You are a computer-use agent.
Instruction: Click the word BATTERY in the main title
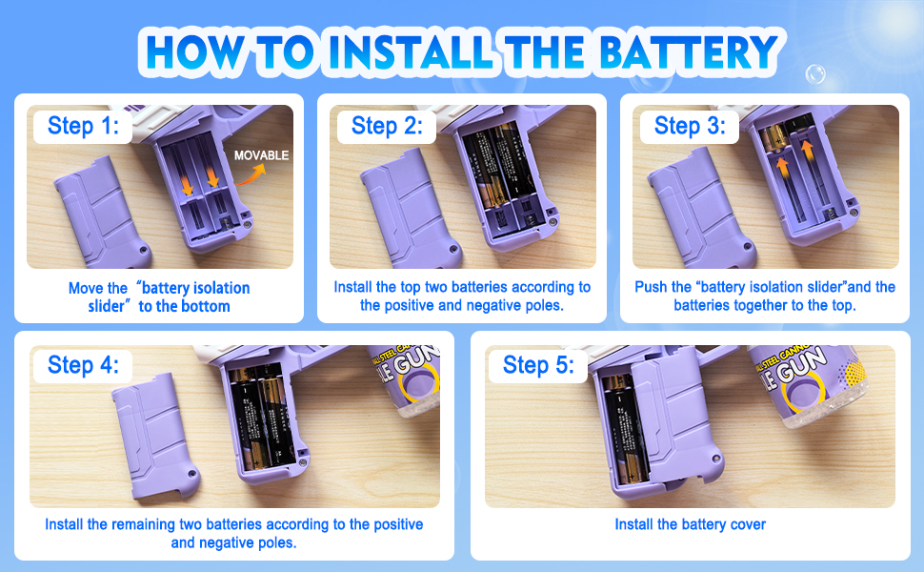689,51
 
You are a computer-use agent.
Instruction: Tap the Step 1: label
83,126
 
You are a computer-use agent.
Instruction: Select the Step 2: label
387,126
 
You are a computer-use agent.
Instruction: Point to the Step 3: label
690,126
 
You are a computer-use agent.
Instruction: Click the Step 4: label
83,364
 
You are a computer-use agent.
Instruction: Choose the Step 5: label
538,364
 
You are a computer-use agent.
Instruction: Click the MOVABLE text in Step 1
262,155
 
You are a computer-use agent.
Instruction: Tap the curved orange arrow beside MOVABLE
251,175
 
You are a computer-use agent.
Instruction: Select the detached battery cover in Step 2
408,210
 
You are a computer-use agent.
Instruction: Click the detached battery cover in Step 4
154,437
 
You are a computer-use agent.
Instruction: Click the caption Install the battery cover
690,524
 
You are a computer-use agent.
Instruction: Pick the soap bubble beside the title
815,74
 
